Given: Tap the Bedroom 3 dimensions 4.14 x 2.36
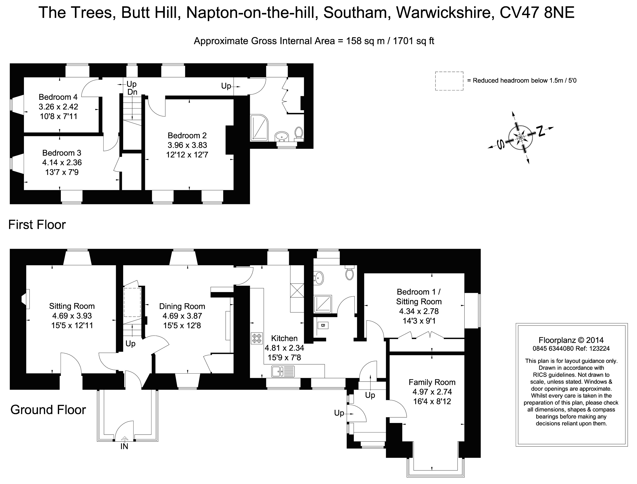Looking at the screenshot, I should tap(62, 162).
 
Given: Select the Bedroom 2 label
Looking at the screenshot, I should tap(187, 135).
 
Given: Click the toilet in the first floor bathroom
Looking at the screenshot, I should tap(299, 133).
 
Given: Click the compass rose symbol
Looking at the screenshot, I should tap(521, 137).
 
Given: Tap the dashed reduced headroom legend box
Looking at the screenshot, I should tap(449, 81).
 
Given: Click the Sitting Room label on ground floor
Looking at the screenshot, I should tap(72, 306).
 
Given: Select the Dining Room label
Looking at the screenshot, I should tap(182, 306).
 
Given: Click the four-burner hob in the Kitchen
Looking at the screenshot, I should tap(257, 338).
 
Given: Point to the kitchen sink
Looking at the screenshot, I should tap(283, 371).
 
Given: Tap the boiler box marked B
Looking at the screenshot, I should tap(323, 325).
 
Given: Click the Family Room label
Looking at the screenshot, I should tap(432, 382).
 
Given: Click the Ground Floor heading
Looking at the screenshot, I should tap(48, 410).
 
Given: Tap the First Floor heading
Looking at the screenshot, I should tap(37, 225).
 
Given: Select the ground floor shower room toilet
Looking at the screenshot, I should tap(349, 274).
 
